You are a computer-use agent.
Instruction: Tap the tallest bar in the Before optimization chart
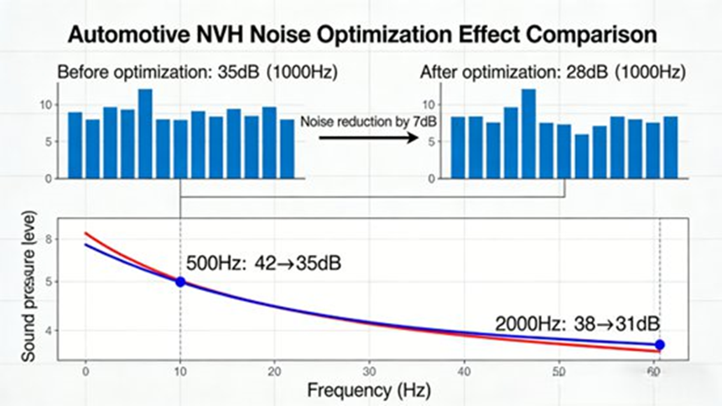(x=145, y=133)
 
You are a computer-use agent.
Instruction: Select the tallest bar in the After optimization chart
(x=528, y=133)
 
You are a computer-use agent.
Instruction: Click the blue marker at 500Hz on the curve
(x=180, y=282)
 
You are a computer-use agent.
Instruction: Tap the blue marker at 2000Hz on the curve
(x=660, y=345)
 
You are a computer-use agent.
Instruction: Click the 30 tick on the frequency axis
(x=368, y=370)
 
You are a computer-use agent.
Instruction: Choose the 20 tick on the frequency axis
(x=274, y=370)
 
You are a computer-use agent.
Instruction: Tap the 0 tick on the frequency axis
(x=86, y=370)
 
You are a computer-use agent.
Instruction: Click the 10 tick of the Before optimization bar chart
(x=46, y=105)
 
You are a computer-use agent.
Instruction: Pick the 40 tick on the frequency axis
(x=463, y=370)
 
